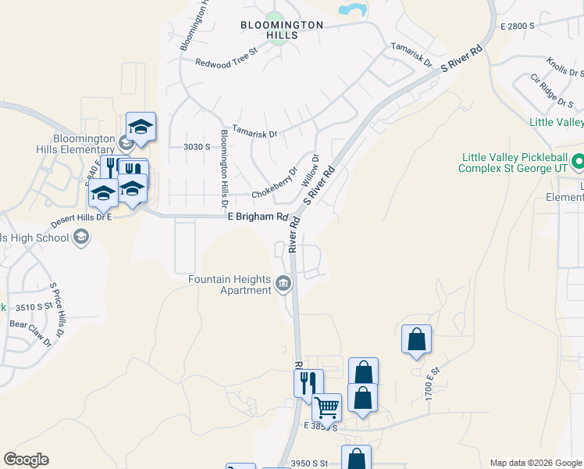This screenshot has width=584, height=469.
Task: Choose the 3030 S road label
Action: click(197, 146)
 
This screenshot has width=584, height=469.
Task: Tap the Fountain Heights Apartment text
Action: click(229, 285)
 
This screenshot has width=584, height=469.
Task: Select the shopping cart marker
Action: click(326, 406)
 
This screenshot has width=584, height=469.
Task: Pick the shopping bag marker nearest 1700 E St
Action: click(416, 340)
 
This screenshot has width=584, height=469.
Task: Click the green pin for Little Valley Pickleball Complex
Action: click(578, 162)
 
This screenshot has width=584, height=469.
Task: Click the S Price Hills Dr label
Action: click(56, 307)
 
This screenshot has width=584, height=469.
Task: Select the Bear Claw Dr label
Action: click(30, 332)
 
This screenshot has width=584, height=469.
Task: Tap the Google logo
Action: click(26, 460)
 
